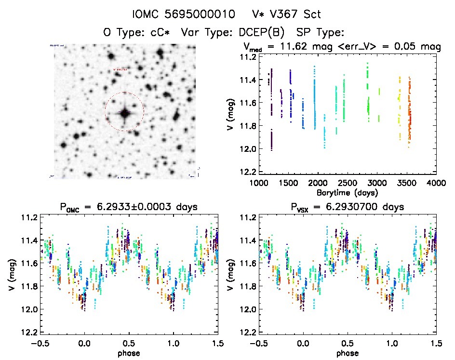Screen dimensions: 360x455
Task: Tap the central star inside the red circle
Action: tap(125, 113)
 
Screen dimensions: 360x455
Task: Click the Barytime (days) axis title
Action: tap(348, 192)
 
